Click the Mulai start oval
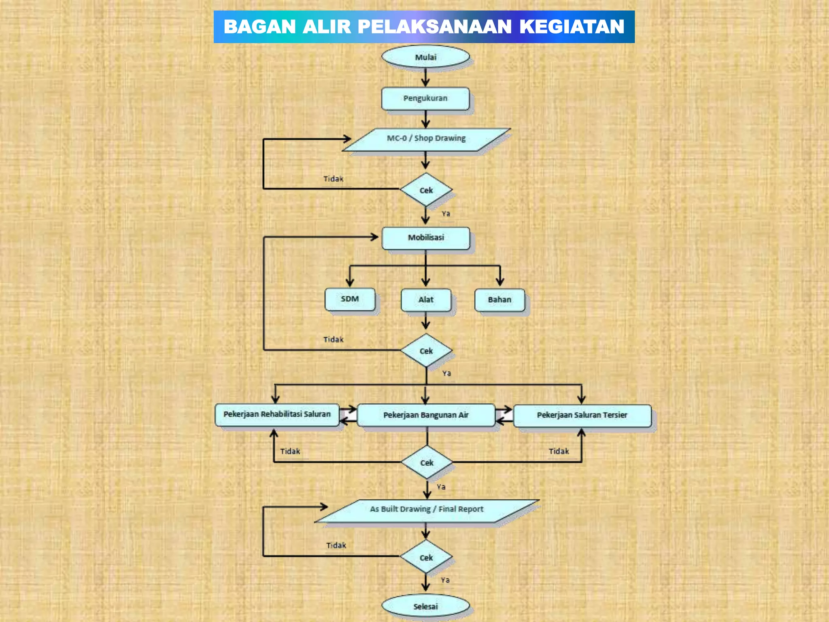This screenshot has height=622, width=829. pyautogui.click(x=425, y=57)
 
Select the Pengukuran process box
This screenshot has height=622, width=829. pyautogui.click(x=425, y=98)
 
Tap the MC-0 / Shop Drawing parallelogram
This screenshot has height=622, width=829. pyautogui.click(x=426, y=139)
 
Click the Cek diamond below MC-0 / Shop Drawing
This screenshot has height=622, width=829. pyautogui.click(x=426, y=190)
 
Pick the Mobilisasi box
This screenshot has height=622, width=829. pyautogui.click(x=426, y=238)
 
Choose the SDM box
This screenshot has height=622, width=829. pyautogui.click(x=350, y=299)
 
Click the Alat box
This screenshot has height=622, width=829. pyautogui.click(x=426, y=300)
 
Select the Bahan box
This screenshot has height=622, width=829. pyautogui.click(x=500, y=300)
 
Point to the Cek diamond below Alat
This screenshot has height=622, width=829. pyautogui.click(x=426, y=351)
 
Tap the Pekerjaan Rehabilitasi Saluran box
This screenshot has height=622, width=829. pyautogui.click(x=277, y=415)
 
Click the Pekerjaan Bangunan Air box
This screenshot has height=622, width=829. pyautogui.click(x=426, y=415)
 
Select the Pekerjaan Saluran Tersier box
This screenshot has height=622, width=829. pyautogui.click(x=582, y=415)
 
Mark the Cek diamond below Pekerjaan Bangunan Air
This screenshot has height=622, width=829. pyautogui.click(x=427, y=462)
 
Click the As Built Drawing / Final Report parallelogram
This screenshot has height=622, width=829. pyautogui.click(x=427, y=509)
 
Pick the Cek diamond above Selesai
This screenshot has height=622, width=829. pyautogui.click(x=426, y=557)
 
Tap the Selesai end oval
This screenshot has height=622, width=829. pyautogui.click(x=425, y=606)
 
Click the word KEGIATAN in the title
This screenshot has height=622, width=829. pyautogui.click(x=572, y=27)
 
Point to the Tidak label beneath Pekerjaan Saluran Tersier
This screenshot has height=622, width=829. pyautogui.click(x=559, y=451)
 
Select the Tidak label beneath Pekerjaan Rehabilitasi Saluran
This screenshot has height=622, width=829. pyautogui.click(x=290, y=451)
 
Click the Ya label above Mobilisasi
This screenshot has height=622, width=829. pyautogui.click(x=446, y=214)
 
